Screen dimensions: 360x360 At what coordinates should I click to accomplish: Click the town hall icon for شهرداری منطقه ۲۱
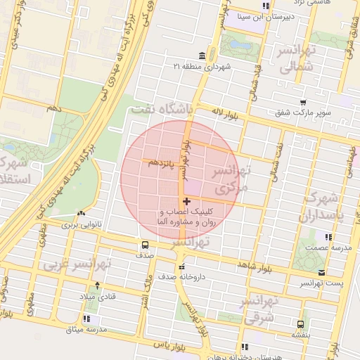pyautogui.click(x=202, y=56)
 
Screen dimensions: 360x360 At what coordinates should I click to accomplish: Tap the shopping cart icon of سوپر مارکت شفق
pyautogui.click(x=303, y=102)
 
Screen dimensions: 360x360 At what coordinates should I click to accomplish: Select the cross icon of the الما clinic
pyautogui.click(x=186, y=202)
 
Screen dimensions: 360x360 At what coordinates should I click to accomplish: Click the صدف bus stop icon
pyautogui.click(x=145, y=245)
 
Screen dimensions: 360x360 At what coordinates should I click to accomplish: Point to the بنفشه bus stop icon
pyautogui.click(x=301, y=325)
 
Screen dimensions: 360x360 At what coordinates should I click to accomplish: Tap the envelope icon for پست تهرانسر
pyautogui.click(x=321, y=272)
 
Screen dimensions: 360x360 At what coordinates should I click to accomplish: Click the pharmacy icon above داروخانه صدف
pyautogui.click(x=183, y=266)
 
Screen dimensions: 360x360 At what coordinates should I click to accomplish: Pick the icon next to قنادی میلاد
pyautogui.click(x=97, y=285)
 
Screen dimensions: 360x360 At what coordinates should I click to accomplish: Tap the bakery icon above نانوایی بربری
pyautogui.click(x=82, y=214)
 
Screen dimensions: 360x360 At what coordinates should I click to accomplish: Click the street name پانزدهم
pyautogui.click(x=162, y=163)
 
